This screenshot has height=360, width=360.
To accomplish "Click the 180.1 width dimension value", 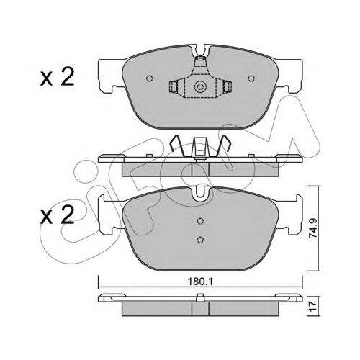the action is (200, 282).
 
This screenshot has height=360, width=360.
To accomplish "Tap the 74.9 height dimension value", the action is (313, 228).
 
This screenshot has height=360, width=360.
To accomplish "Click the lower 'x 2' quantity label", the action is (57, 215).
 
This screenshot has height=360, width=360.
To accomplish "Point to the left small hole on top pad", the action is (149, 78).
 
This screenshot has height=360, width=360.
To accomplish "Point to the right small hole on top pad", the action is (251, 78).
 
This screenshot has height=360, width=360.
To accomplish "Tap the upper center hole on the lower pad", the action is (200, 221).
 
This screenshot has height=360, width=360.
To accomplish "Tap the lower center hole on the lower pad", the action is (200, 239).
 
